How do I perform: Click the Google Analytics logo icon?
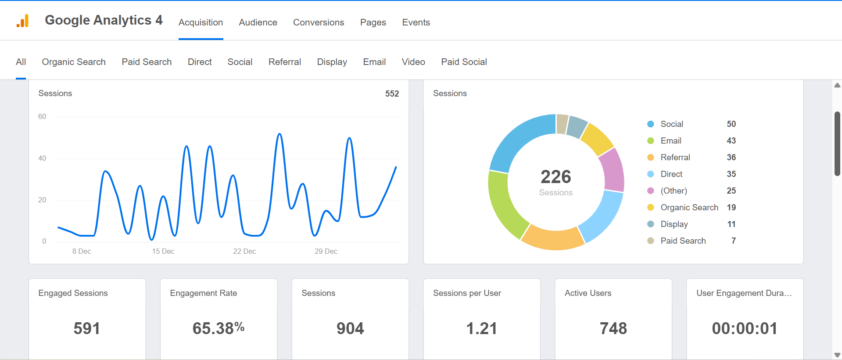tap(22, 21)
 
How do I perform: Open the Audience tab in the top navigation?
tap(258, 22)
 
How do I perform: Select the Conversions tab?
tap(319, 22)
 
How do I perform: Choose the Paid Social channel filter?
tap(464, 62)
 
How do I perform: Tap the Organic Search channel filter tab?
tap(74, 62)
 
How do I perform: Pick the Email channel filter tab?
tap(374, 62)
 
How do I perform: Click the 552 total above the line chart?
tap(392, 94)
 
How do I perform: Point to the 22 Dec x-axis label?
tap(244, 251)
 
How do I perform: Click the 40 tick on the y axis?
tap(42, 158)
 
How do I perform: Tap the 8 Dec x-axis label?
tap(82, 251)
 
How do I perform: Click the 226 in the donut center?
tap(556, 177)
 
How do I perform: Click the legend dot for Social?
tap(651, 124)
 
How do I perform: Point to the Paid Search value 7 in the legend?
tap(733, 241)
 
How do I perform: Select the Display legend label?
tap(674, 224)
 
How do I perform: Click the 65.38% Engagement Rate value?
tap(219, 328)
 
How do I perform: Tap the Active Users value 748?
tap(613, 328)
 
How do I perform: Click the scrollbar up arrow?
tap(837, 85)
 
